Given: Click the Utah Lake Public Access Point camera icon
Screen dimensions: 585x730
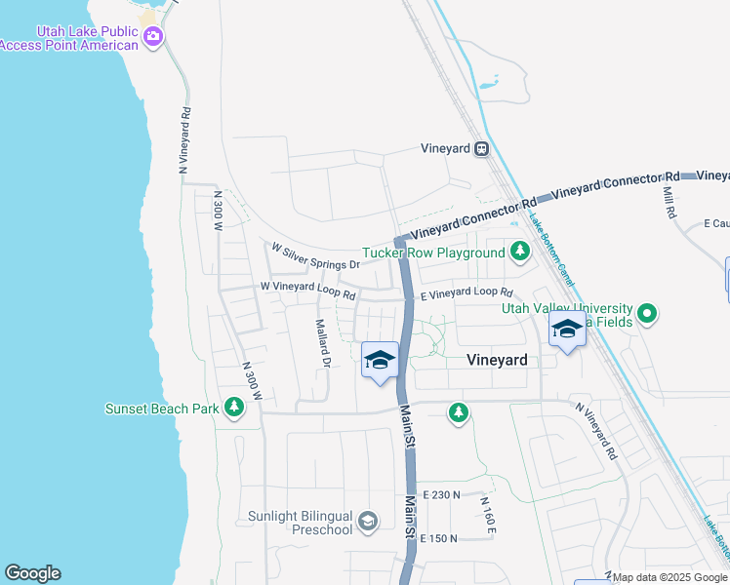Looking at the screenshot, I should tap(152, 37).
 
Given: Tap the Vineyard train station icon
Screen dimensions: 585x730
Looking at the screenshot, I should tap(481, 149).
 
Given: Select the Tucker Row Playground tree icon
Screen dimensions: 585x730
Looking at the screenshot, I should tap(520, 253).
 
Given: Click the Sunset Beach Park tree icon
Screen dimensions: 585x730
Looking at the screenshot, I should tap(233, 408).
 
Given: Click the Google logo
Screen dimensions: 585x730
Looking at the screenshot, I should tap(32, 573).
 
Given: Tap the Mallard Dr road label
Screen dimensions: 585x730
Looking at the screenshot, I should tap(323, 343).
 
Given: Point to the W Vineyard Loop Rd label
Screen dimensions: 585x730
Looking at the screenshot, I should tap(307, 288).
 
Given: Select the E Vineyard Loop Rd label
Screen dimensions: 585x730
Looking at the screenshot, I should tap(466, 292).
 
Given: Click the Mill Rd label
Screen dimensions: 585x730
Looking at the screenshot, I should tap(669, 202).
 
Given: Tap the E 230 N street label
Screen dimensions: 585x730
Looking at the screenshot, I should tap(441, 495).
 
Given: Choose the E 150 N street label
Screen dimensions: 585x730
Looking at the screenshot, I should tap(440, 538).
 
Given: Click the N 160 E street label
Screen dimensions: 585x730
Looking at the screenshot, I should tap(488, 515).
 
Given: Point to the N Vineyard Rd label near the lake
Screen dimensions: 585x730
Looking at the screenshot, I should tap(183, 140).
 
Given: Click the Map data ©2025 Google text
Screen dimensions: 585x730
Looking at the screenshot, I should tap(670, 577).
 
